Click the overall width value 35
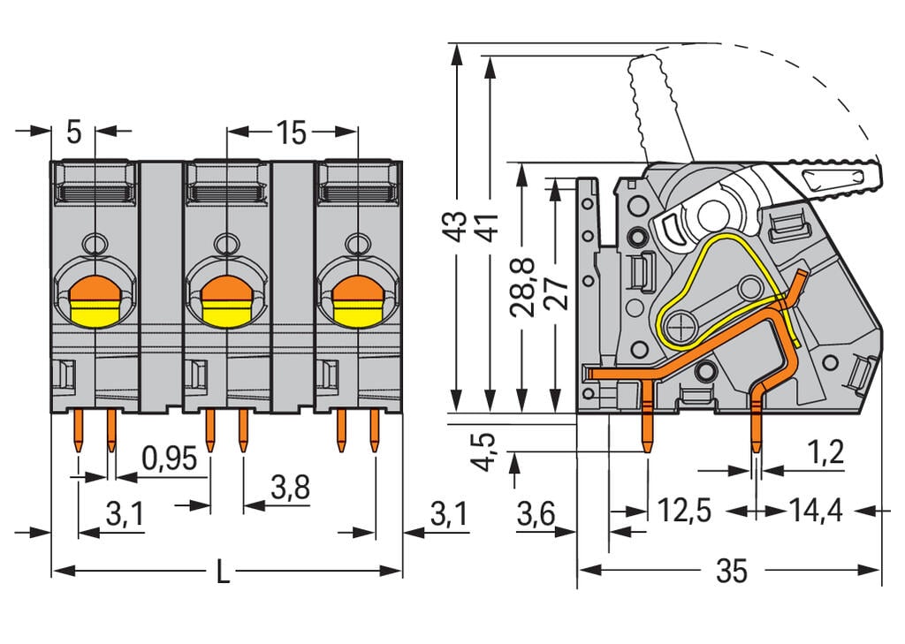731,572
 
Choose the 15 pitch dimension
291,133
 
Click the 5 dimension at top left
74,133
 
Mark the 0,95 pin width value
169,458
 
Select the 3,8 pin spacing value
290,488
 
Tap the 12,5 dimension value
682,511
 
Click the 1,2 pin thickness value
825,453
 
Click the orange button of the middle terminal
226,288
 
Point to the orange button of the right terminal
357,288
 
